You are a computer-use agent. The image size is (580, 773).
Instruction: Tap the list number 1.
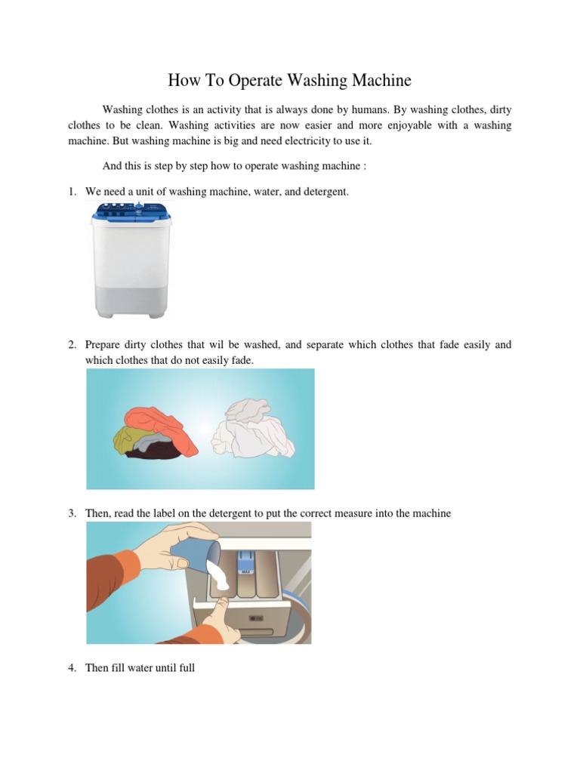[x=72, y=192]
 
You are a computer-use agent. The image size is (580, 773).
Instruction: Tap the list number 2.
[x=72, y=345]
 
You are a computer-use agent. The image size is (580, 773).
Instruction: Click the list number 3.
[x=72, y=513]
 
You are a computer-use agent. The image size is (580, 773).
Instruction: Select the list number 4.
[x=72, y=668]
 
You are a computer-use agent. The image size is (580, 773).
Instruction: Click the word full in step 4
[x=185, y=668]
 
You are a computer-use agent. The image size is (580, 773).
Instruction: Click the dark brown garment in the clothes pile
[x=154, y=451]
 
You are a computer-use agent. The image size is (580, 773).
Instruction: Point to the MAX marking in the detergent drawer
[x=245, y=571]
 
